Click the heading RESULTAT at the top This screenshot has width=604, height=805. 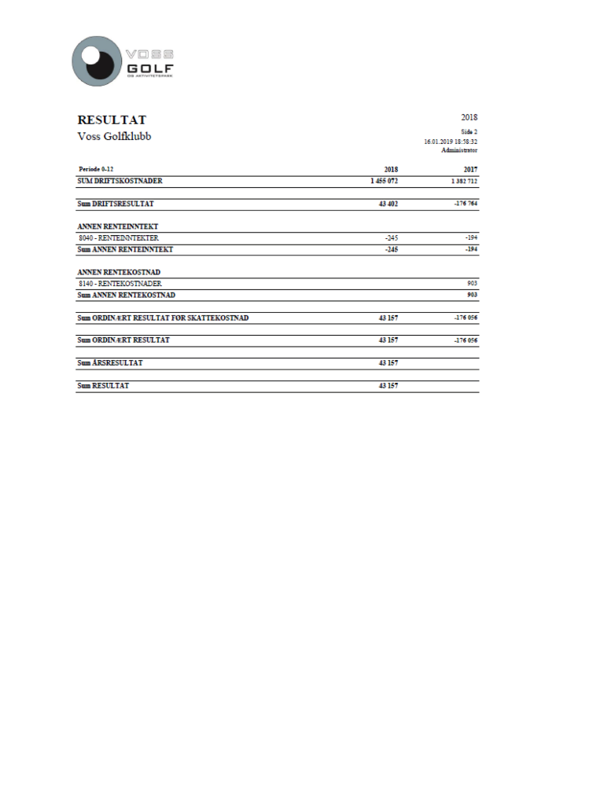coord(112,120)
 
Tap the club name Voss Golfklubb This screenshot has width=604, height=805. coord(114,136)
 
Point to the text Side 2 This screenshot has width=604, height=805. coord(469,132)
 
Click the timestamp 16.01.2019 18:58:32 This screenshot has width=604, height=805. coord(451,142)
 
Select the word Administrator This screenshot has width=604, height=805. coord(459,149)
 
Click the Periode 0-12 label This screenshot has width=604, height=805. coord(97,169)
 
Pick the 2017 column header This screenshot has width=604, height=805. coord(470,169)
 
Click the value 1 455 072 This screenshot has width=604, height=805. coord(384,181)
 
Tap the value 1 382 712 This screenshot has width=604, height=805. coord(464,181)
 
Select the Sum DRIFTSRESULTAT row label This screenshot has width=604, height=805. coord(114,204)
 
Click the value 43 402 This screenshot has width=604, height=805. coord(388,204)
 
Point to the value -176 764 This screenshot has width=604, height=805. coord(466,204)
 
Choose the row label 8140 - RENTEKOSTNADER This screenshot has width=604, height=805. coord(120,283)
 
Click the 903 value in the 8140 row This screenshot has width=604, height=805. coord(472,283)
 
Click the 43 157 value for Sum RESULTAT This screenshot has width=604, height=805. coord(388,386)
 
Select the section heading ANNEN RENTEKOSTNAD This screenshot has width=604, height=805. coord(119,272)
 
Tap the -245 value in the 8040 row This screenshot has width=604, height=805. coord(391,237)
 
